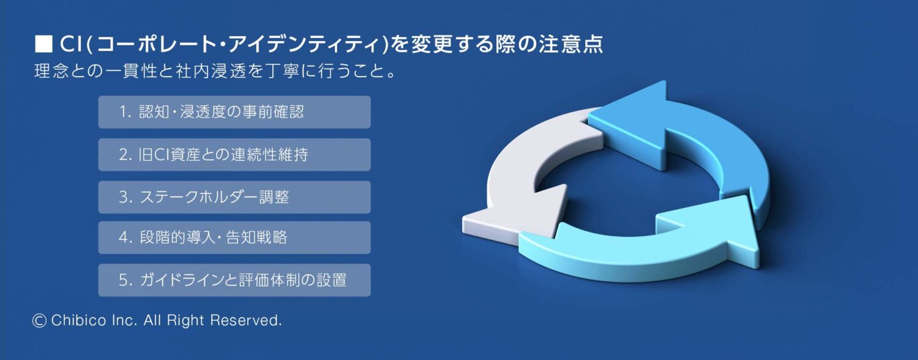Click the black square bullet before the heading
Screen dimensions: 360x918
(43, 44)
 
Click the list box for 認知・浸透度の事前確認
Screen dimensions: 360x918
(234, 112)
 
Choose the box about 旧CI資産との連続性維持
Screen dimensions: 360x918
(234, 154)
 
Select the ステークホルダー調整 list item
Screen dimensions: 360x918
(234, 197)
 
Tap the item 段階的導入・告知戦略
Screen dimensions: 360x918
(234, 238)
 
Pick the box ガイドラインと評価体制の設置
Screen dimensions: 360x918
(234, 280)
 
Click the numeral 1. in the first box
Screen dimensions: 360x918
(126, 112)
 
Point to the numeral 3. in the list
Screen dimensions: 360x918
(126, 197)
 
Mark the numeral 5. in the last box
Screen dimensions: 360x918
(126, 280)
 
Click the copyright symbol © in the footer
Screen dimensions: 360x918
(39, 320)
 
